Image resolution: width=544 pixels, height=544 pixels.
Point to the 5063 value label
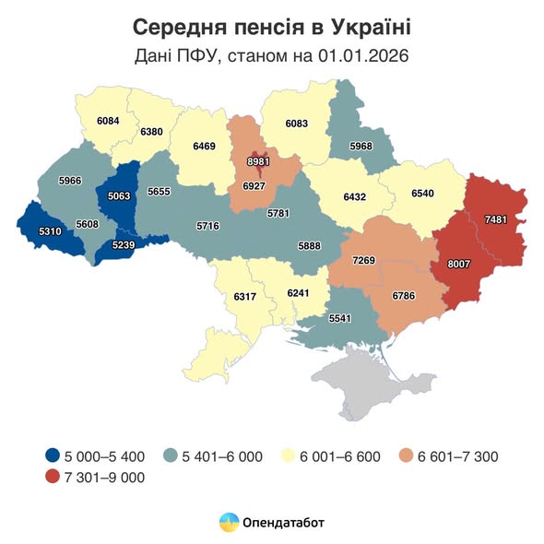(120, 195)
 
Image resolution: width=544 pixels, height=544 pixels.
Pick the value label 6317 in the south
(245, 297)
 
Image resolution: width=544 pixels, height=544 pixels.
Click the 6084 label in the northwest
(108, 121)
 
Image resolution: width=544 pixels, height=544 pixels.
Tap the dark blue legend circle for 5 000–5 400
(53, 455)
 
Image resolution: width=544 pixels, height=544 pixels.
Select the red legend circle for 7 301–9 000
(53, 477)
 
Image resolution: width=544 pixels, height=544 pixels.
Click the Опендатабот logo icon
(227, 523)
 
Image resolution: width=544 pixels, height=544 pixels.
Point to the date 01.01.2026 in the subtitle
(361, 55)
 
